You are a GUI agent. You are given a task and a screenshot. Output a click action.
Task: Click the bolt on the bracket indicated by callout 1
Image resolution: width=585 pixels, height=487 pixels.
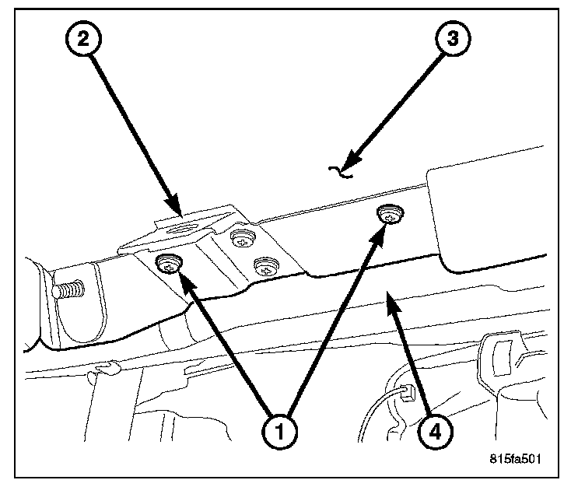click(168, 265)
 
